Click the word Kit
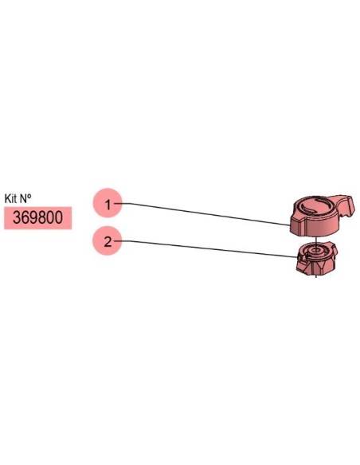point(10,198)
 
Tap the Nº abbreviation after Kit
point(25,198)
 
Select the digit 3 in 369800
point(17,218)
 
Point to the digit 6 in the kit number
point(25,218)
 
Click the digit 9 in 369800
point(33,218)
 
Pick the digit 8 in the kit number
point(41,218)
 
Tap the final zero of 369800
point(58,218)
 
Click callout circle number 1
point(108,203)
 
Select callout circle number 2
point(108,240)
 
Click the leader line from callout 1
point(202,213)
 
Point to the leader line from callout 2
point(205,248)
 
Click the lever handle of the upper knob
point(343,205)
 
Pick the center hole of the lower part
point(315,251)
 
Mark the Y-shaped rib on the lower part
point(321,266)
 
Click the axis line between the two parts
point(316,240)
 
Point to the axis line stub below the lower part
point(316,275)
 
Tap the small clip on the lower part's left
point(300,259)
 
